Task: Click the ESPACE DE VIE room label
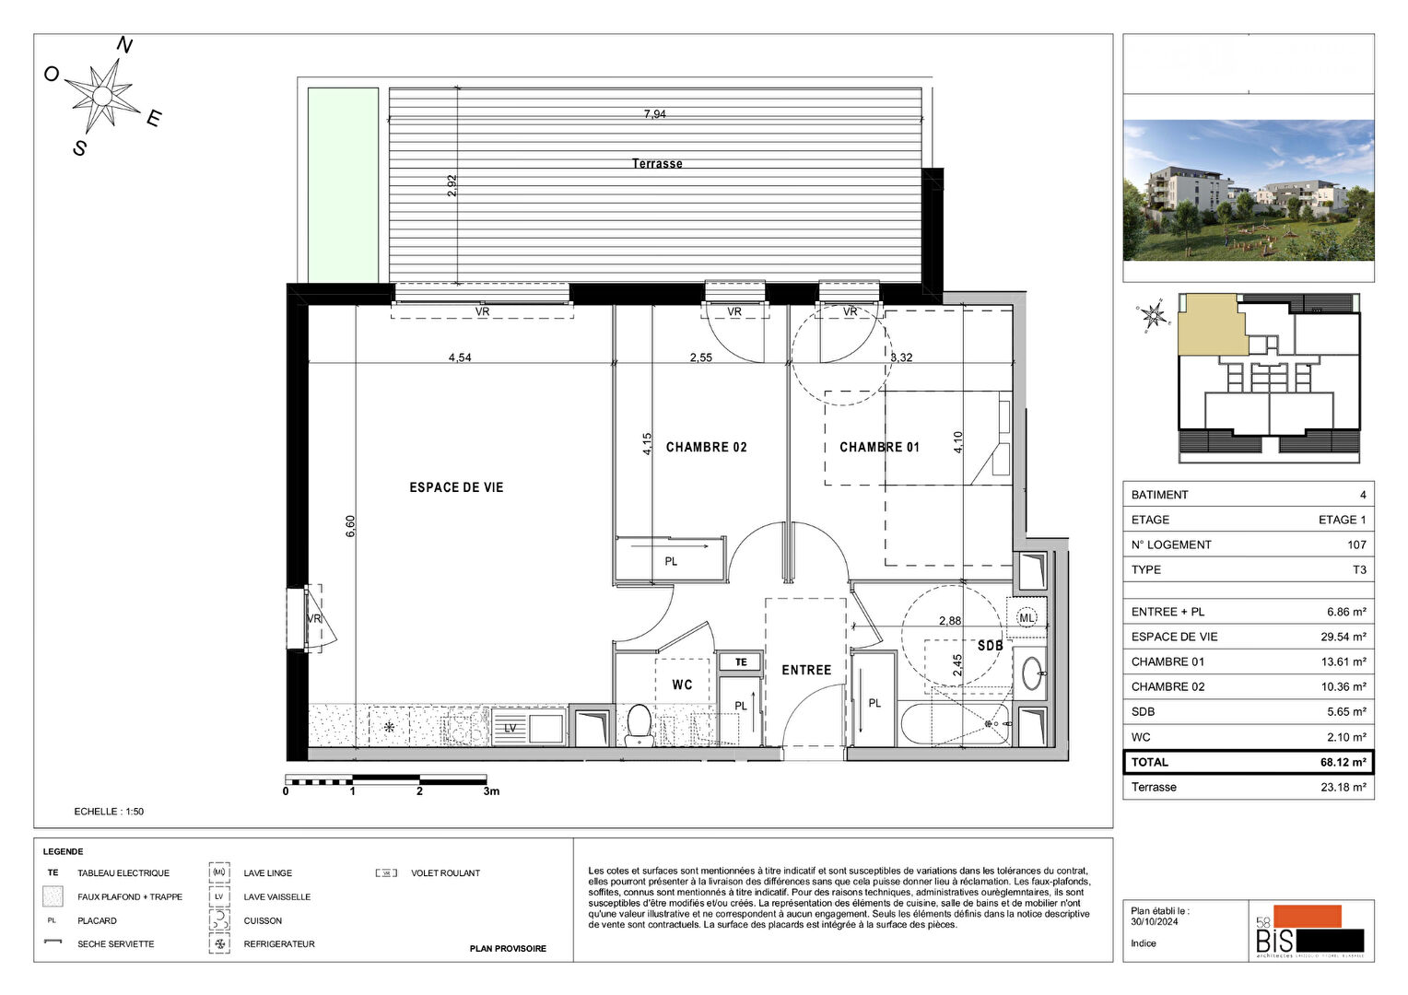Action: pyautogui.click(x=456, y=487)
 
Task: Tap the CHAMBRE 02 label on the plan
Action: pyautogui.click(x=706, y=447)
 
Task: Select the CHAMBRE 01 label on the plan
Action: pyautogui.click(x=879, y=447)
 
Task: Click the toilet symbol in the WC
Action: pyautogui.click(x=639, y=723)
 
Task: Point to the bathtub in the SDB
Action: pyautogui.click(x=956, y=724)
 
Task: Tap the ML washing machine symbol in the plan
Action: pyautogui.click(x=1027, y=618)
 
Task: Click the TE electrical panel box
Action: pyautogui.click(x=741, y=661)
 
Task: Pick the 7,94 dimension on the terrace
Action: pyautogui.click(x=654, y=114)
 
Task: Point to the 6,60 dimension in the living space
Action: pyautogui.click(x=350, y=526)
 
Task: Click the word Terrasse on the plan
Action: pyautogui.click(x=657, y=163)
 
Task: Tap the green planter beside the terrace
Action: pyautogui.click(x=343, y=184)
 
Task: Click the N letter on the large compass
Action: pyautogui.click(x=124, y=45)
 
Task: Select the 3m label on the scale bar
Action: pyautogui.click(x=491, y=791)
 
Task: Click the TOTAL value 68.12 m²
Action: pyautogui.click(x=1343, y=762)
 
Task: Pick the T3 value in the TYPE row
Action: pyautogui.click(x=1359, y=569)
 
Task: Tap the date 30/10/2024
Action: pyautogui.click(x=1154, y=921)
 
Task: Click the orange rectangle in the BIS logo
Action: pyautogui.click(x=1308, y=916)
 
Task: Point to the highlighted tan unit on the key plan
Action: pyautogui.click(x=1210, y=324)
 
